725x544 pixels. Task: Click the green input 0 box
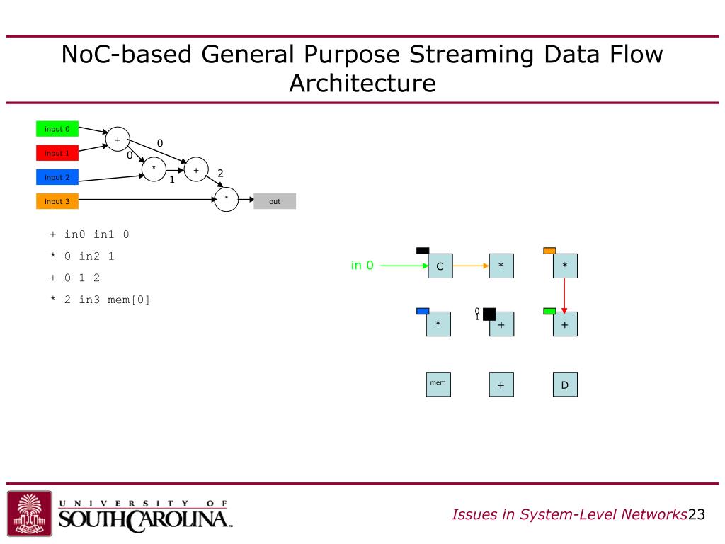click(x=57, y=129)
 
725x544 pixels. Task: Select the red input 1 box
click(x=57, y=153)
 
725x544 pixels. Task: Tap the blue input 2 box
click(x=57, y=177)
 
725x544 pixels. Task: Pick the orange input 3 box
click(x=57, y=201)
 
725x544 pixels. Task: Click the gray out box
click(x=275, y=201)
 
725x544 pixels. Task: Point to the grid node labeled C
click(x=440, y=266)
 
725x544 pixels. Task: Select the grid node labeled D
click(x=564, y=385)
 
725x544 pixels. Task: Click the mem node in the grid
click(x=438, y=384)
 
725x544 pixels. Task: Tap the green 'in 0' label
click(x=362, y=266)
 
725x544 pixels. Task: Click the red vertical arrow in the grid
click(x=564, y=294)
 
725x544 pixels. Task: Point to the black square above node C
click(x=423, y=250)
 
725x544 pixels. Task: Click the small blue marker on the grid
click(x=423, y=311)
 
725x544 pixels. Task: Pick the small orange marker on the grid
click(x=549, y=251)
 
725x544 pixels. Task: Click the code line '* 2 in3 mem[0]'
click(x=101, y=300)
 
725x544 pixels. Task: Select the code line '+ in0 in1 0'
click(x=89, y=234)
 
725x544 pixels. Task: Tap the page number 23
click(x=697, y=514)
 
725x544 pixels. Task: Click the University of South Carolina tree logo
click(x=29, y=512)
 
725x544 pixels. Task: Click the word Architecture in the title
click(x=362, y=84)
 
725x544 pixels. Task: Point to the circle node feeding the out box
click(x=227, y=199)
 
